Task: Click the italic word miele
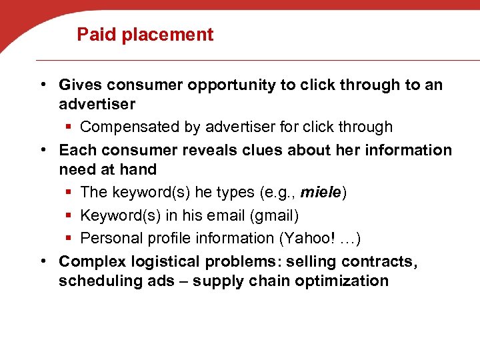click(321, 193)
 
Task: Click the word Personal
click(109, 238)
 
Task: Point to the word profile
click(164, 238)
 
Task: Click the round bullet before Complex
click(42, 261)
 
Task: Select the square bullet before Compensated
click(69, 127)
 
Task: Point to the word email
click(243, 216)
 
